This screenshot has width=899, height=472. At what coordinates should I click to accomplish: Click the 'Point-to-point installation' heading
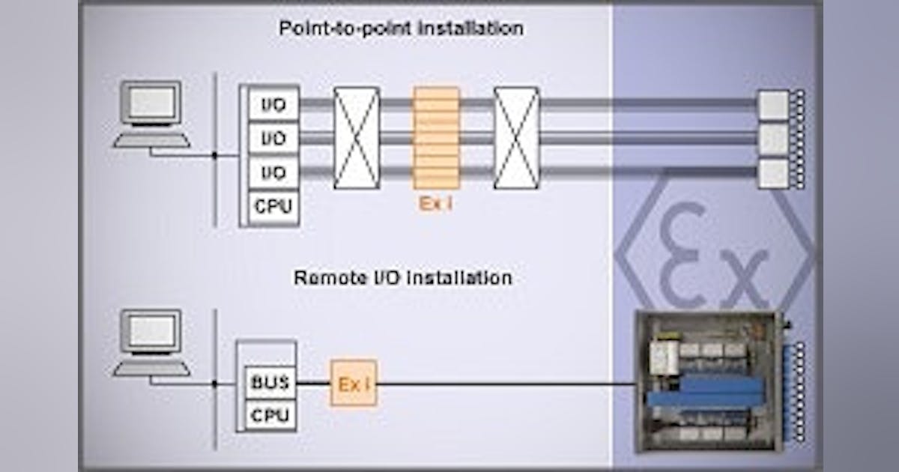click(x=401, y=29)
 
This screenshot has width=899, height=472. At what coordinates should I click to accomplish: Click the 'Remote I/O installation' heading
click(x=402, y=278)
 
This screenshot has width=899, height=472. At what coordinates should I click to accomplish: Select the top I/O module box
click(x=273, y=104)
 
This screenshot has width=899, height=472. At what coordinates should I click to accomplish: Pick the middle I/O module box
click(x=273, y=139)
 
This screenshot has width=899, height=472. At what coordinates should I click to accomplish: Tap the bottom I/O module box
click(x=273, y=173)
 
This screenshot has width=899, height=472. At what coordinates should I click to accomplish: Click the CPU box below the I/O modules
click(x=273, y=206)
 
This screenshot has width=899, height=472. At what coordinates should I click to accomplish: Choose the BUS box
click(x=270, y=383)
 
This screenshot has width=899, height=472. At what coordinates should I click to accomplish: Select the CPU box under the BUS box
click(x=270, y=414)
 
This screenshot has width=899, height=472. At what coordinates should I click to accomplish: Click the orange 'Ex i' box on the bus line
click(x=353, y=384)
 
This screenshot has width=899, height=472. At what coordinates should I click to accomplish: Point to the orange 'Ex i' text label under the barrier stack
click(x=435, y=203)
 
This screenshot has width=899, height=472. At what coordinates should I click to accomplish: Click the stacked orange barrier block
click(x=435, y=138)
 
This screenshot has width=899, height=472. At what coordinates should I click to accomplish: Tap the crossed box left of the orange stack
click(x=357, y=138)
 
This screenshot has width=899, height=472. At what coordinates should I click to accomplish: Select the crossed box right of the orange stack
click(x=516, y=138)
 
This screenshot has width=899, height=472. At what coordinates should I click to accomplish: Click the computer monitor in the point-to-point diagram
click(x=152, y=102)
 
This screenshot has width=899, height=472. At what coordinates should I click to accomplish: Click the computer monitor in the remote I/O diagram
click(x=152, y=330)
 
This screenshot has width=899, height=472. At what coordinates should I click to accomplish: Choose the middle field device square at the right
click(x=773, y=139)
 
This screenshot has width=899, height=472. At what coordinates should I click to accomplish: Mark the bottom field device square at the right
click(x=773, y=173)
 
